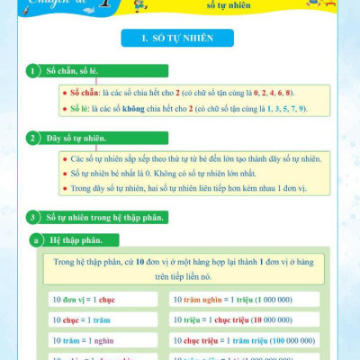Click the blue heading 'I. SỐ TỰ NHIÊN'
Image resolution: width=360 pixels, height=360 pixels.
179,40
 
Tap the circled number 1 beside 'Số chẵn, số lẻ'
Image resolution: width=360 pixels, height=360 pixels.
33,71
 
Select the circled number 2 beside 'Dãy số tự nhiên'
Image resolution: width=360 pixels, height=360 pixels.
33,139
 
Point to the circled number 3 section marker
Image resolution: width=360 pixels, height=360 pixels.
33,217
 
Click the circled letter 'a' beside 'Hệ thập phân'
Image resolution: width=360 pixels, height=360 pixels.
36,240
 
